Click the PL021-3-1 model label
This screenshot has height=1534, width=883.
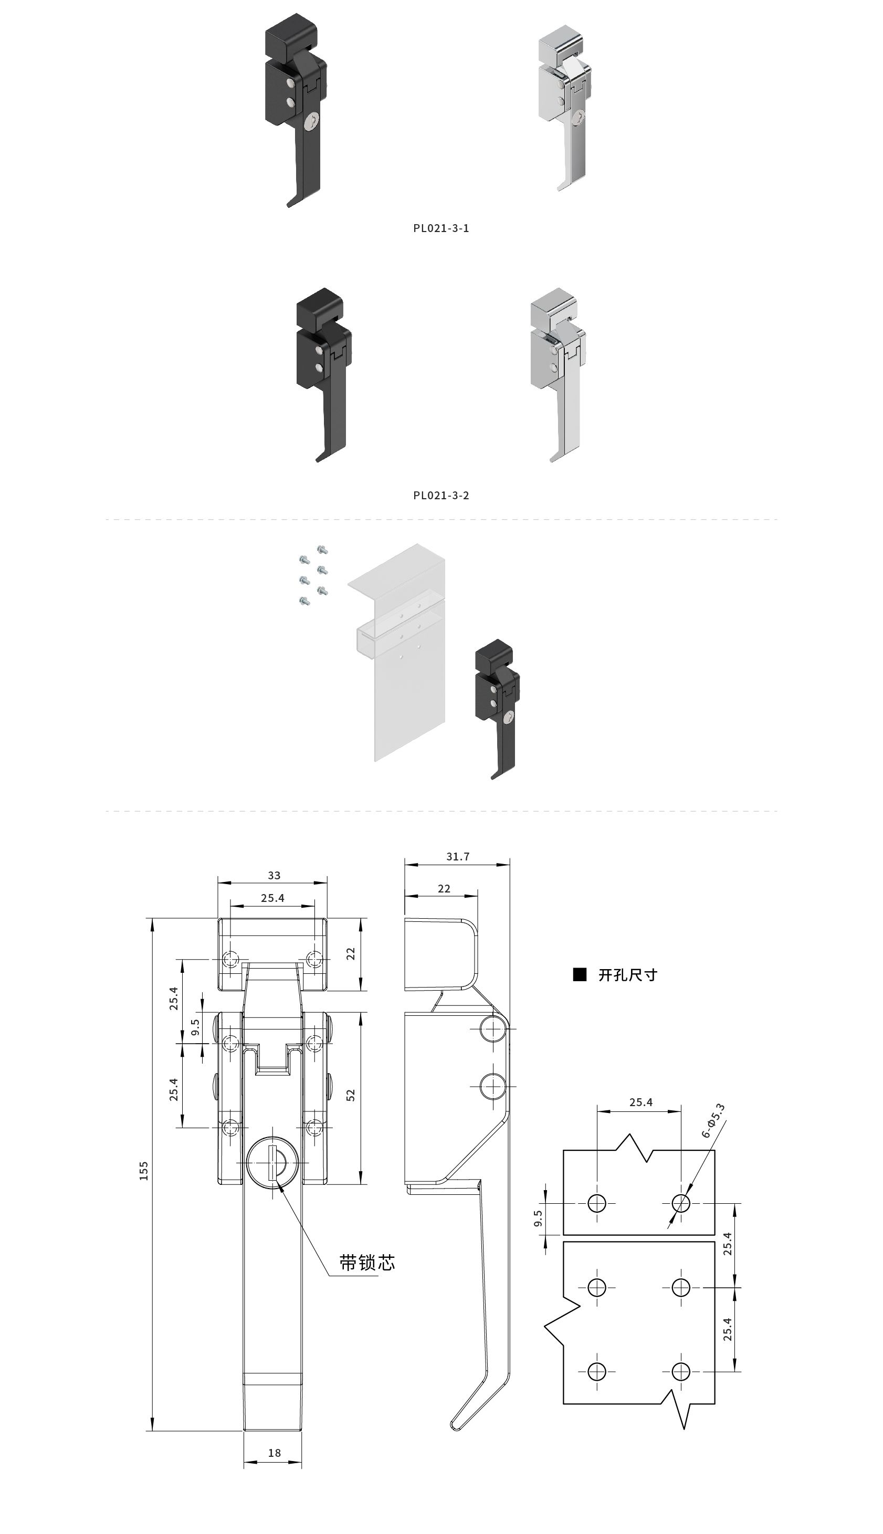pos(441,228)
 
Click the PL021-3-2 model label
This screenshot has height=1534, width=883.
pos(441,496)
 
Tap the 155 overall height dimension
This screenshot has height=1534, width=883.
pos(144,1170)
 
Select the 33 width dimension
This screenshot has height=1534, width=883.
pos(274,876)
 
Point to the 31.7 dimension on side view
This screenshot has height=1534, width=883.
pos(458,857)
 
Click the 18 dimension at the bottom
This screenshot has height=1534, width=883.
pos(274,1453)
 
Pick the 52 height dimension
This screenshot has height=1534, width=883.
pos(351,1095)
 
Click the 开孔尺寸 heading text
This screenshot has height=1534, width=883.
pos(628,975)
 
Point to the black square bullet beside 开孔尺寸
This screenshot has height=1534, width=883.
pos(580,974)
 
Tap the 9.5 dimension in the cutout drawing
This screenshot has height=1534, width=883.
pos(538,1218)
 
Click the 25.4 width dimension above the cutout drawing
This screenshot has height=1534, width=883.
pos(640,1102)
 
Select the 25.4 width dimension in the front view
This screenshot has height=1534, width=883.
pos(272,898)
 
